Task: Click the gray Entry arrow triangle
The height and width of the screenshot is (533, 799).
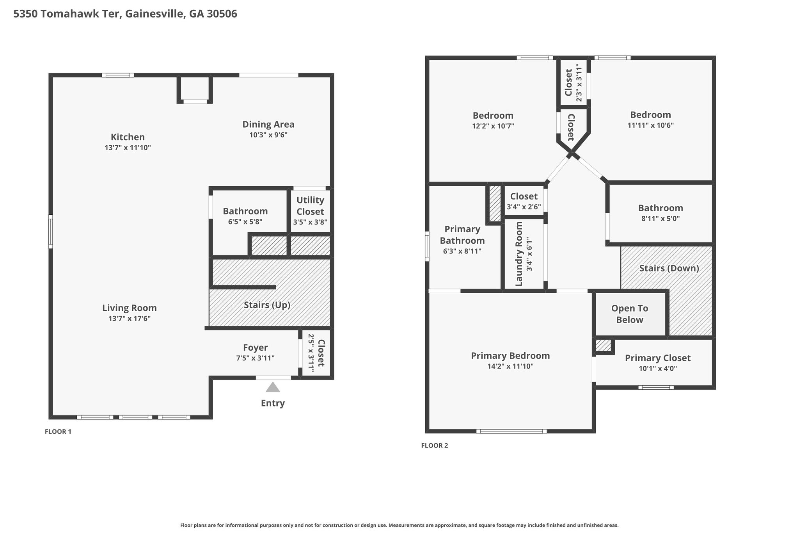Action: [x=273, y=387]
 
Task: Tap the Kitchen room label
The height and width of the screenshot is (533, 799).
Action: [x=128, y=137]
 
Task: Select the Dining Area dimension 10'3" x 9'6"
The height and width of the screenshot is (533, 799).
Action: [x=268, y=135]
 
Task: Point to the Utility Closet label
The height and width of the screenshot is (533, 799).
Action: [x=310, y=206]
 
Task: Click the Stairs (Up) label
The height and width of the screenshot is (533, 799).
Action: [x=267, y=305]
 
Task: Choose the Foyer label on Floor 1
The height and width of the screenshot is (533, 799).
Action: [x=255, y=348]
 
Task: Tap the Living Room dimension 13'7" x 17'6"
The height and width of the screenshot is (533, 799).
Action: [x=130, y=319]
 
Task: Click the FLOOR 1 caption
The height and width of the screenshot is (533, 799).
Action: [x=58, y=432]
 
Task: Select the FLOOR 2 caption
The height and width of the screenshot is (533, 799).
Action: [x=435, y=446]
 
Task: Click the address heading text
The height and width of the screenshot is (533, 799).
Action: [x=125, y=14]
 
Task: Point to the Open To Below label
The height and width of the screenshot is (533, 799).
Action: [x=630, y=314]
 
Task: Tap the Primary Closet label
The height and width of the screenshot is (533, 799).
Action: [x=658, y=358]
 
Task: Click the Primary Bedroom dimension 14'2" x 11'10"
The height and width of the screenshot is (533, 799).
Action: [x=510, y=367]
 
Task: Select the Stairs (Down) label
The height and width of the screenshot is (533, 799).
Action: [x=669, y=268]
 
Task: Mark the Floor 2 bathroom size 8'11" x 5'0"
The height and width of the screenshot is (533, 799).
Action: [x=661, y=219]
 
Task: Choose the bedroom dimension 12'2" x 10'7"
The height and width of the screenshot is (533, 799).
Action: [x=493, y=126]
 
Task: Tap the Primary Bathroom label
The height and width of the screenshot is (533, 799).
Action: [x=462, y=235]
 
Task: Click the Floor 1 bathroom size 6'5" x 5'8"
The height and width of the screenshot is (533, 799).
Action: [x=245, y=222]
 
